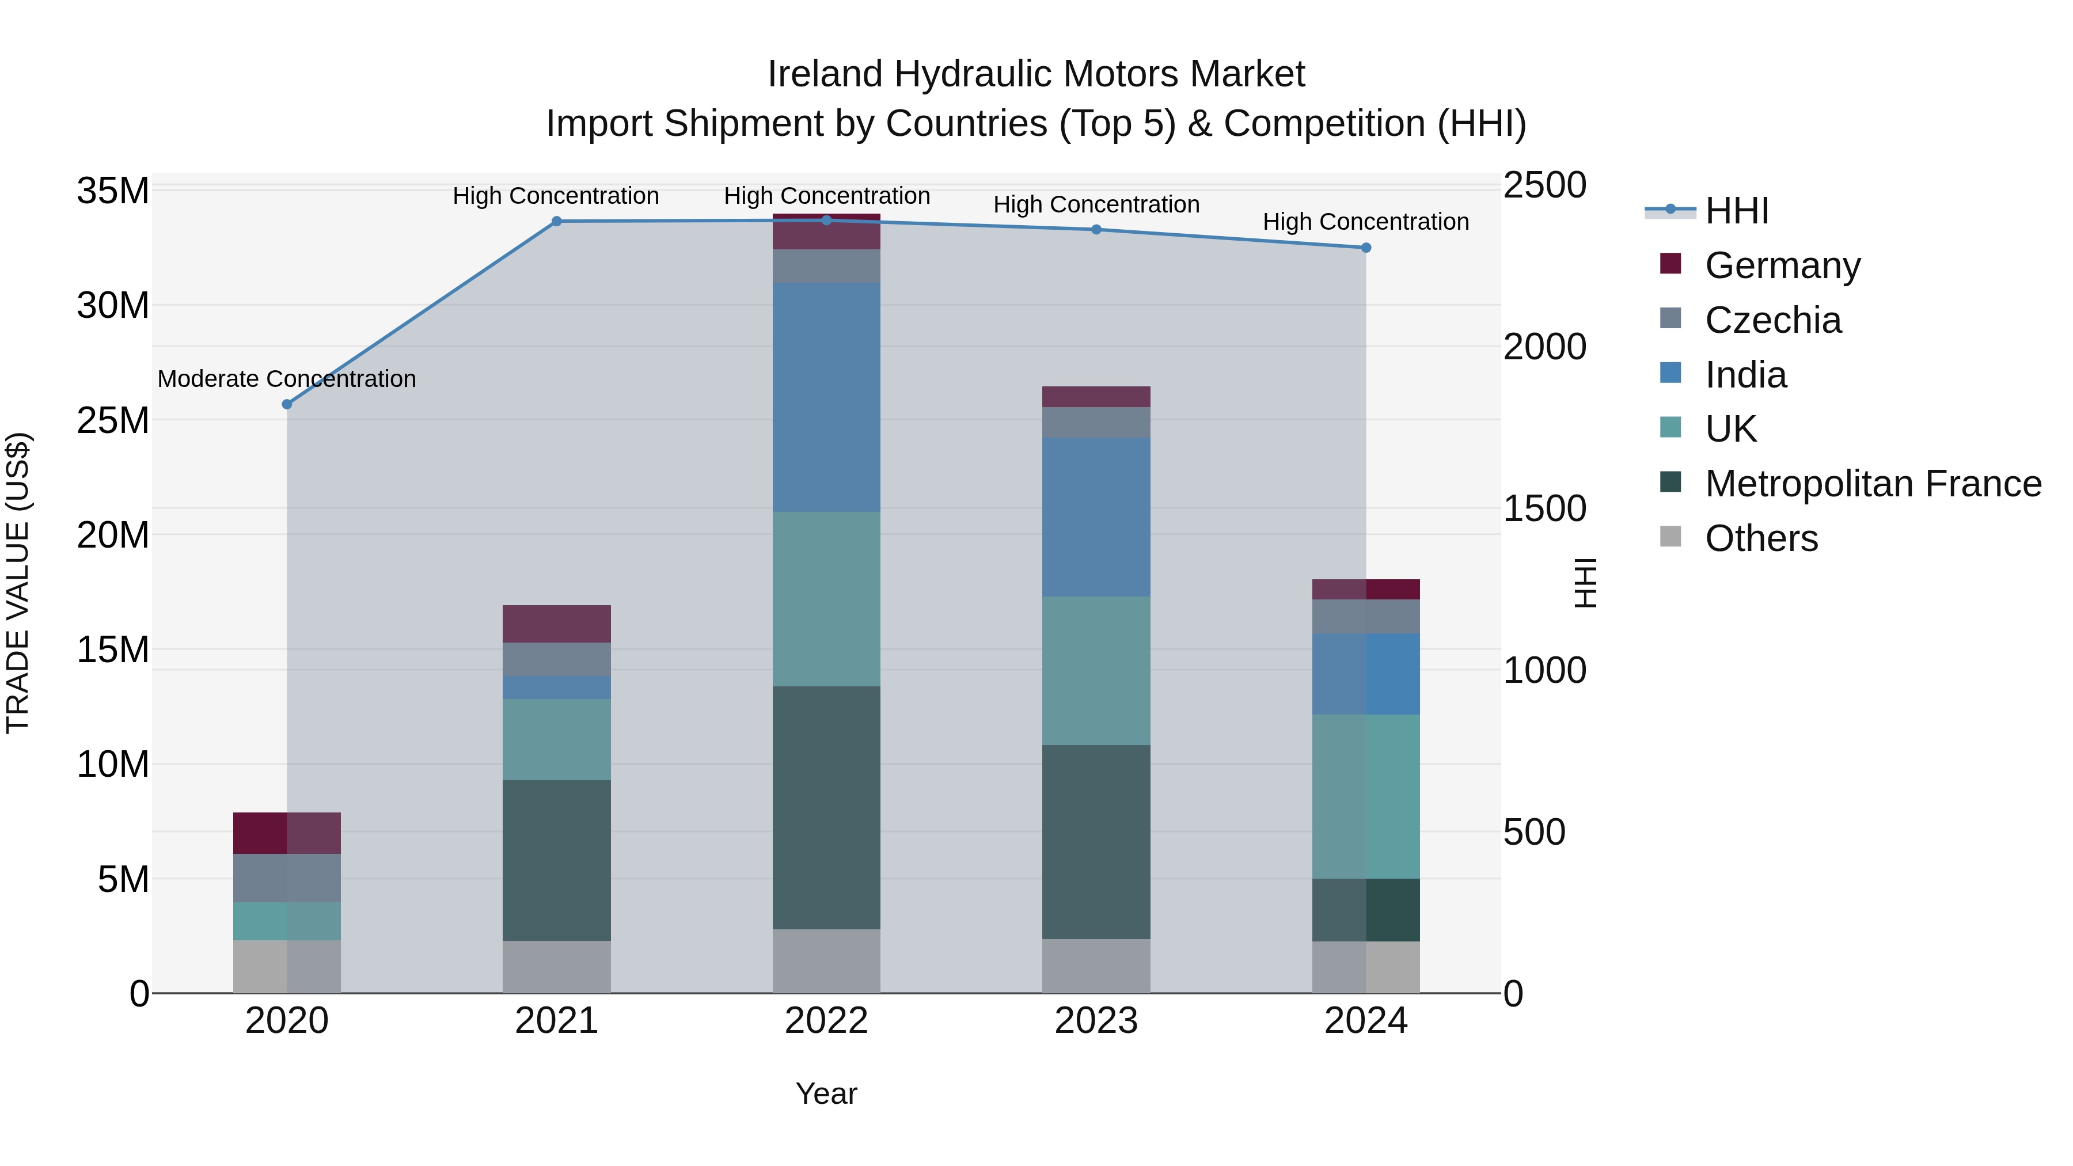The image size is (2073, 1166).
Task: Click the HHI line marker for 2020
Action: (x=287, y=404)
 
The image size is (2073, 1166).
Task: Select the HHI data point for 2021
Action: (x=556, y=221)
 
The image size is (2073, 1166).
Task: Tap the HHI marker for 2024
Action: (x=1366, y=248)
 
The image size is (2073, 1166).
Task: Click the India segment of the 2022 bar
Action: (x=826, y=397)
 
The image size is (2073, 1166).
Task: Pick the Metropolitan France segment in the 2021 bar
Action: (x=556, y=860)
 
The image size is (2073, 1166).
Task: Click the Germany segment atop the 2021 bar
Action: (x=556, y=624)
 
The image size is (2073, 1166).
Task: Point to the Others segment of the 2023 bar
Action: (x=1095, y=966)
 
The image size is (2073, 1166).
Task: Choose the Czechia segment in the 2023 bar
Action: (x=1095, y=423)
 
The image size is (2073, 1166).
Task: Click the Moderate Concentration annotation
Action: (x=287, y=378)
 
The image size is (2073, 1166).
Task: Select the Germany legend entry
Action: (x=1782, y=265)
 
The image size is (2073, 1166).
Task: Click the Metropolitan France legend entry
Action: (x=1873, y=484)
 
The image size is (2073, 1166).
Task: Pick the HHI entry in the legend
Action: (x=1737, y=211)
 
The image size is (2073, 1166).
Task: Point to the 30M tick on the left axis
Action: (x=113, y=306)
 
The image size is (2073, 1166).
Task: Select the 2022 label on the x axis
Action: (x=826, y=1021)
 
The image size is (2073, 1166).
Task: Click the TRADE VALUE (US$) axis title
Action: (x=18, y=583)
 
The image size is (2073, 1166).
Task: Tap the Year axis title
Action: (x=826, y=1093)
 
